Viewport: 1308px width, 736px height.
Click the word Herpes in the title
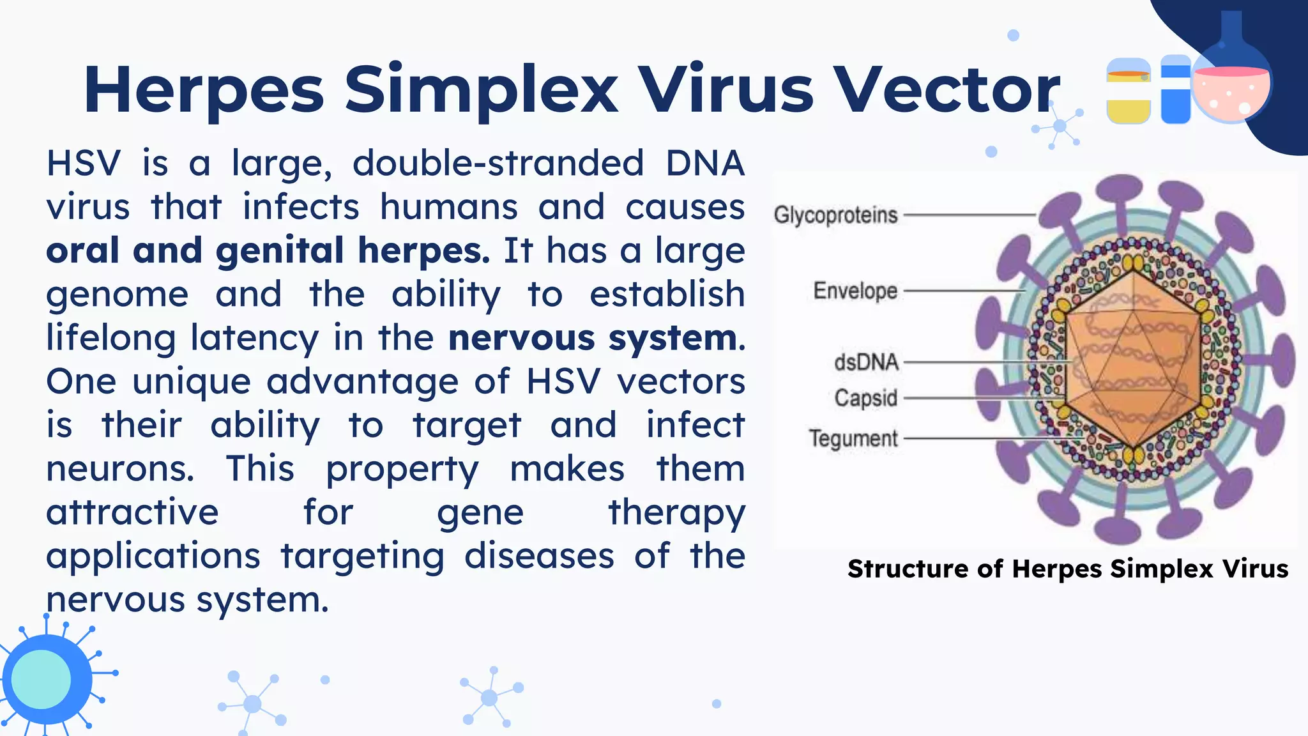203,91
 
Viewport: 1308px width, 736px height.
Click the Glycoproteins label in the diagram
835,215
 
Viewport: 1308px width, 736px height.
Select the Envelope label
855,291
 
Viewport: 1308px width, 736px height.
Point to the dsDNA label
866,362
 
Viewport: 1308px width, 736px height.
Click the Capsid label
865,398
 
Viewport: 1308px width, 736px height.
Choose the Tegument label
853,439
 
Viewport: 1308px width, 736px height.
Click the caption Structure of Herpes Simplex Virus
1067,569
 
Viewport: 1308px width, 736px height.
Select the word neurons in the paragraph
119,469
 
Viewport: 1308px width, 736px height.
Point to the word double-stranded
498,164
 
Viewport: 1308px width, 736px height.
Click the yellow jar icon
1128,91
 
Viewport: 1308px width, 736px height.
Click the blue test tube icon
1175,91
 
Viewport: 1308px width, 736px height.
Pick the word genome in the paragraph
118,295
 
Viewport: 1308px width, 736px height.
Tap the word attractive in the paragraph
132,512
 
